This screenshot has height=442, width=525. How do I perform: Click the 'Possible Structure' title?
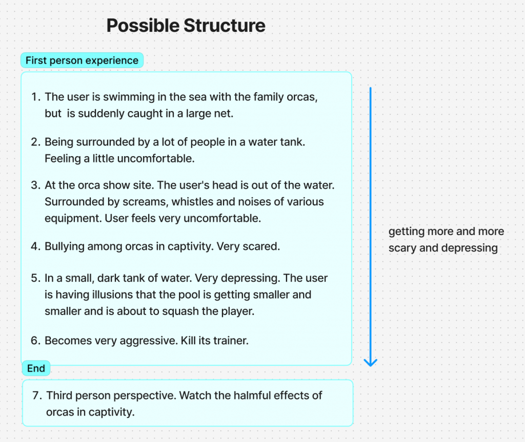click(x=186, y=26)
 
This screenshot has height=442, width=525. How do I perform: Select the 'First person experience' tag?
click(x=82, y=60)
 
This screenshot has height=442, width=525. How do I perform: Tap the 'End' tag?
click(x=36, y=368)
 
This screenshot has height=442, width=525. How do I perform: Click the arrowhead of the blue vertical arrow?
click(x=370, y=363)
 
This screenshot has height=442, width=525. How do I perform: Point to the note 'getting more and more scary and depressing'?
click(x=447, y=240)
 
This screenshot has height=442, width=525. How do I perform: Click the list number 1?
click(x=35, y=97)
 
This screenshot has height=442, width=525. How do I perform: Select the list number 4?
click(x=35, y=246)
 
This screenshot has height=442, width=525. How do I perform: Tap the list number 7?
click(x=37, y=395)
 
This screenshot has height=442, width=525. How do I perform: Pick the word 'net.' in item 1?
click(x=224, y=114)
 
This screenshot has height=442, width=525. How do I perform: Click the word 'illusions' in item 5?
click(x=113, y=295)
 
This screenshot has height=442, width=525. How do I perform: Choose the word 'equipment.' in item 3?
click(x=73, y=219)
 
